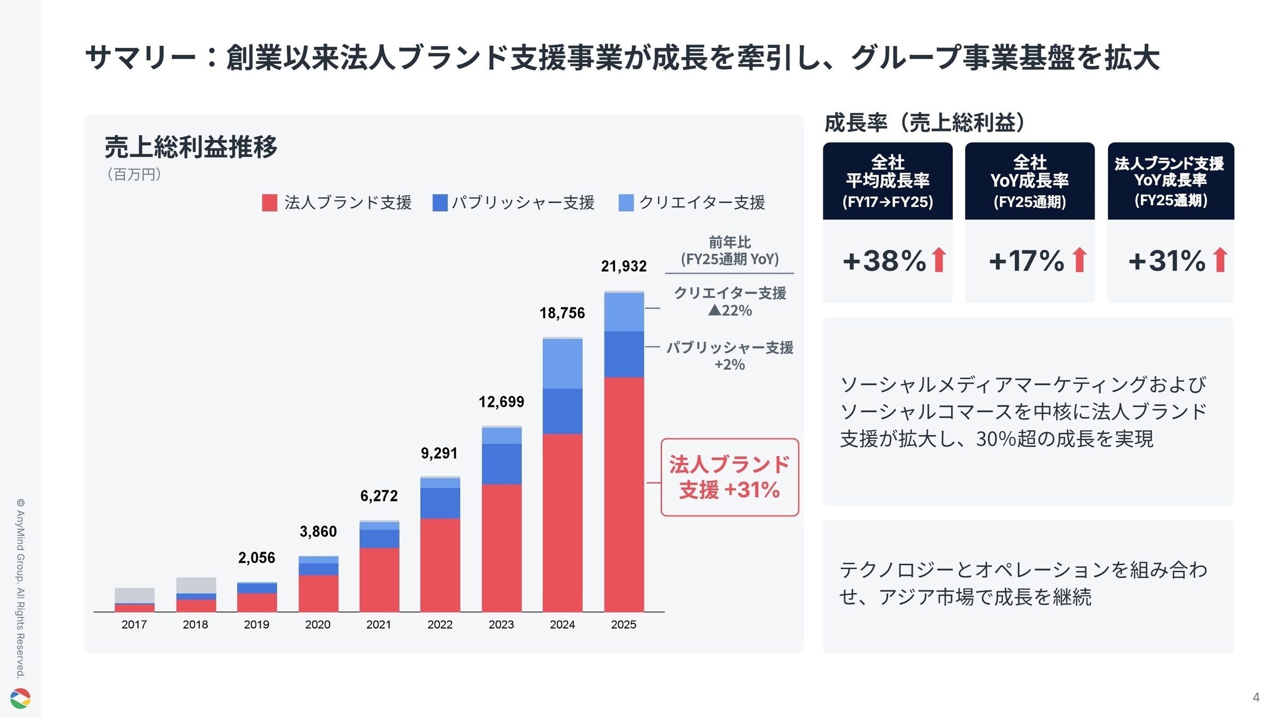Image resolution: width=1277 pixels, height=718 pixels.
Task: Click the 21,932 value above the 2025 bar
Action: (x=624, y=266)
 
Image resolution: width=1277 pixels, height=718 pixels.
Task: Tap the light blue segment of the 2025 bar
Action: (x=624, y=312)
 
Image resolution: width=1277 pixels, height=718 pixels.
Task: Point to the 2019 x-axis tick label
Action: (x=256, y=624)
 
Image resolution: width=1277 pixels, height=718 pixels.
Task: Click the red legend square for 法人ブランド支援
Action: (x=269, y=203)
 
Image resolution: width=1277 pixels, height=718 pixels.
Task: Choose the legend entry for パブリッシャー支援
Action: (x=513, y=203)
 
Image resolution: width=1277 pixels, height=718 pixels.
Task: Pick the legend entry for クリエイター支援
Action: (x=692, y=203)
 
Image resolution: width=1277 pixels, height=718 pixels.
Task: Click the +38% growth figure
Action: (x=884, y=261)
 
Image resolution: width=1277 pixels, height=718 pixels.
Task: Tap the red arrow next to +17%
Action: (x=1080, y=260)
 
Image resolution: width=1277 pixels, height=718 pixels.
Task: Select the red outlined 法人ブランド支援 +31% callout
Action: (x=729, y=477)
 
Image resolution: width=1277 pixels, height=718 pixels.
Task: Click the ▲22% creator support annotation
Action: (x=730, y=311)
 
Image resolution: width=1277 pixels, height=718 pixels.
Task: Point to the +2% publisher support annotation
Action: (x=729, y=365)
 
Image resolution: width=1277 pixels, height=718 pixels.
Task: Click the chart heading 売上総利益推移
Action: (x=190, y=147)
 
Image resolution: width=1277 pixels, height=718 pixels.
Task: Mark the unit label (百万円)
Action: (x=134, y=174)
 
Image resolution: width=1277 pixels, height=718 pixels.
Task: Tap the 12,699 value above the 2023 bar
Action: (x=501, y=402)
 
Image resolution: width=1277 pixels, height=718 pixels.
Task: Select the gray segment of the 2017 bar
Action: (x=135, y=595)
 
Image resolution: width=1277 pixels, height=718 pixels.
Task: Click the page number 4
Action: (x=1256, y=697)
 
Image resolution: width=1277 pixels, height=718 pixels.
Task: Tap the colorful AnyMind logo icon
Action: (x=20, y=698)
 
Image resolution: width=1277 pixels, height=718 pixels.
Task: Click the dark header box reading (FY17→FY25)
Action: (x=888, y=181)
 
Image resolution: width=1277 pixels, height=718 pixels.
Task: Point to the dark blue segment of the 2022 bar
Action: (x=440, y=503)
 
